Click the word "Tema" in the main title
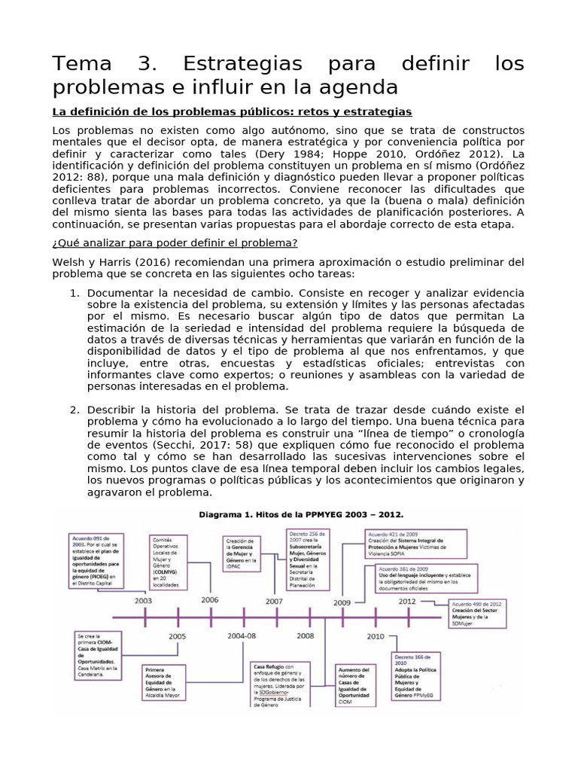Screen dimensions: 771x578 pyautogui.click(x=81, y=62)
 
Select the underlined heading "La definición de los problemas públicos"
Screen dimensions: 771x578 pyautogui.click(x=232, y=111)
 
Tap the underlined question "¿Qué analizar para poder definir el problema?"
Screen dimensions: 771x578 pyautogui.click(x=175, y=242)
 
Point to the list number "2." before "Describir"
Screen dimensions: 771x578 pyautogui.click(x=75, y=409)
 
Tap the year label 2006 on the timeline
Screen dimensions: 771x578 pyautogui.click(x=210, y=600)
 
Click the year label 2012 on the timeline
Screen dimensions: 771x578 pyautogui.click(x=407, y=601)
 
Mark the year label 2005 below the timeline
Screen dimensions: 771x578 pyautogui.click(x=178, y=636)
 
